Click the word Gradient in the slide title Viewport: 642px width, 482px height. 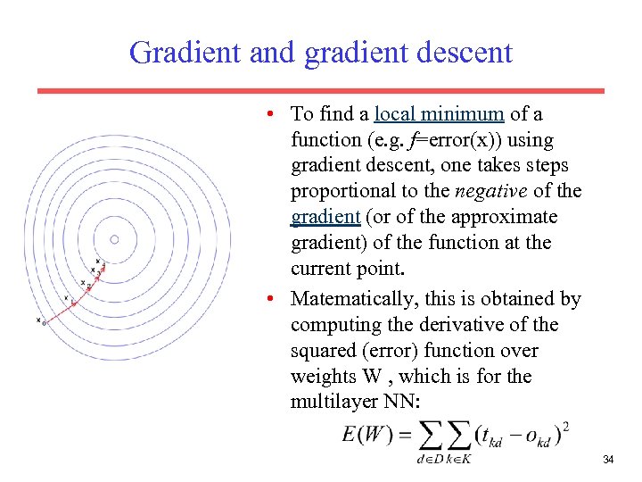(x=185, y=53)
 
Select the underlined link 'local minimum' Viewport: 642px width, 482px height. (x=440, y=114)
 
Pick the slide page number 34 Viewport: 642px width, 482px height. (x=608, y=460)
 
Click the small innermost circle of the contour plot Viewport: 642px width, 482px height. (x=114, y=238)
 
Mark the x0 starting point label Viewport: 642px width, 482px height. (x=40, y=320)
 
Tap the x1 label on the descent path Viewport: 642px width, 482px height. (x=66, y=299)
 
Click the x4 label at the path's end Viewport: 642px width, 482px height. (x=98, y=260)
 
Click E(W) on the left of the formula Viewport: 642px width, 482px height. (x=366, y=436)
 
